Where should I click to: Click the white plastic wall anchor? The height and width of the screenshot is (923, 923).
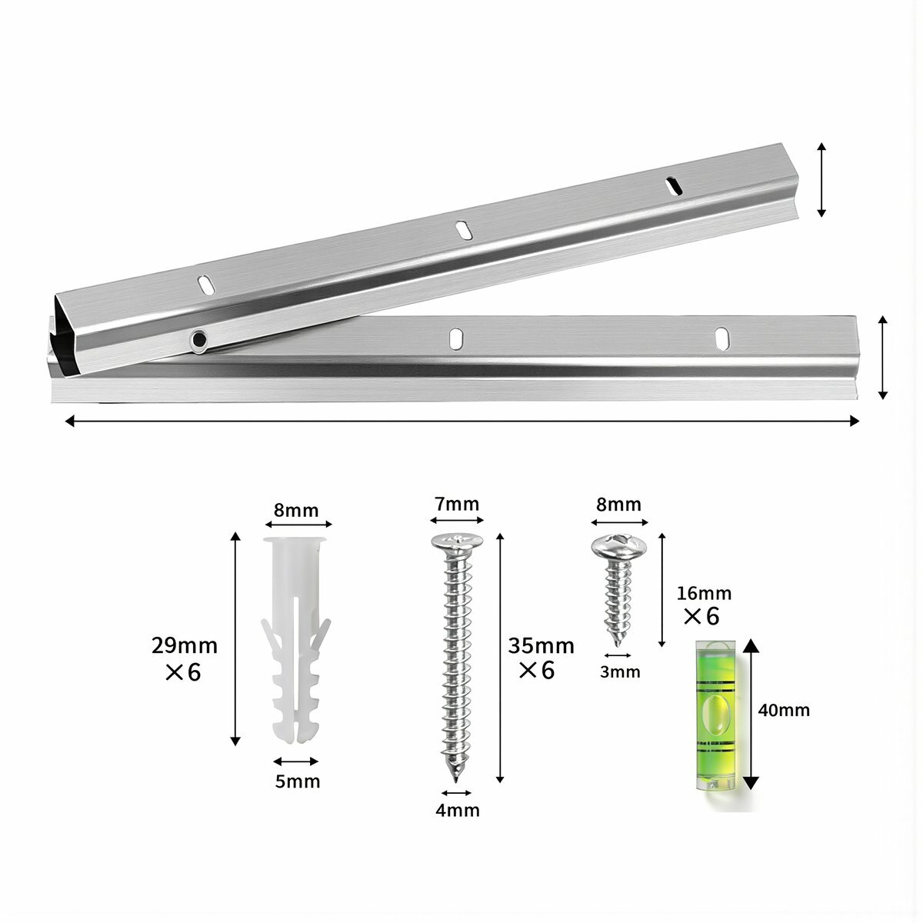coord(296,641)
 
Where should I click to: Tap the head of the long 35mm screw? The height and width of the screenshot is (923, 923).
coord(457,543)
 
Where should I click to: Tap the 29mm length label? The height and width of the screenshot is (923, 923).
coord(185,645)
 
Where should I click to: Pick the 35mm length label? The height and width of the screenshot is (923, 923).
coord(541,646)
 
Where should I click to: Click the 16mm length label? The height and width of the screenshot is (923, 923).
coord(704,594)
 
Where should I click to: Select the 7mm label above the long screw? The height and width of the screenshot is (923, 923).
coord(457,504)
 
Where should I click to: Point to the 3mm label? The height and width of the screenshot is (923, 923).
coord(620,672)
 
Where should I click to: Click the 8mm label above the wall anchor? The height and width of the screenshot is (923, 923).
coord(296,511)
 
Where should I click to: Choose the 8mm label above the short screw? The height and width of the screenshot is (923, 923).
coord(618,505)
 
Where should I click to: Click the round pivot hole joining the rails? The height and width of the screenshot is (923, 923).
coord(198,340)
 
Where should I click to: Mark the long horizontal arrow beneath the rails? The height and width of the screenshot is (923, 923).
coord(461,421)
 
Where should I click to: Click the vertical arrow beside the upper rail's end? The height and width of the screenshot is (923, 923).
coord(821,180)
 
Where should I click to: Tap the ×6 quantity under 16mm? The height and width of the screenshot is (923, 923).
coord(701,616)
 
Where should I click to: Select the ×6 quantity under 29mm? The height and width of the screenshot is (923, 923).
coord(183,672)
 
